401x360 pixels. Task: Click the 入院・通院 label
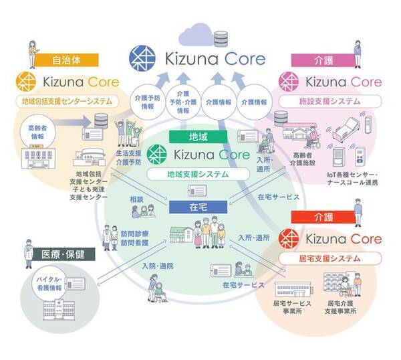coord(157,266)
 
